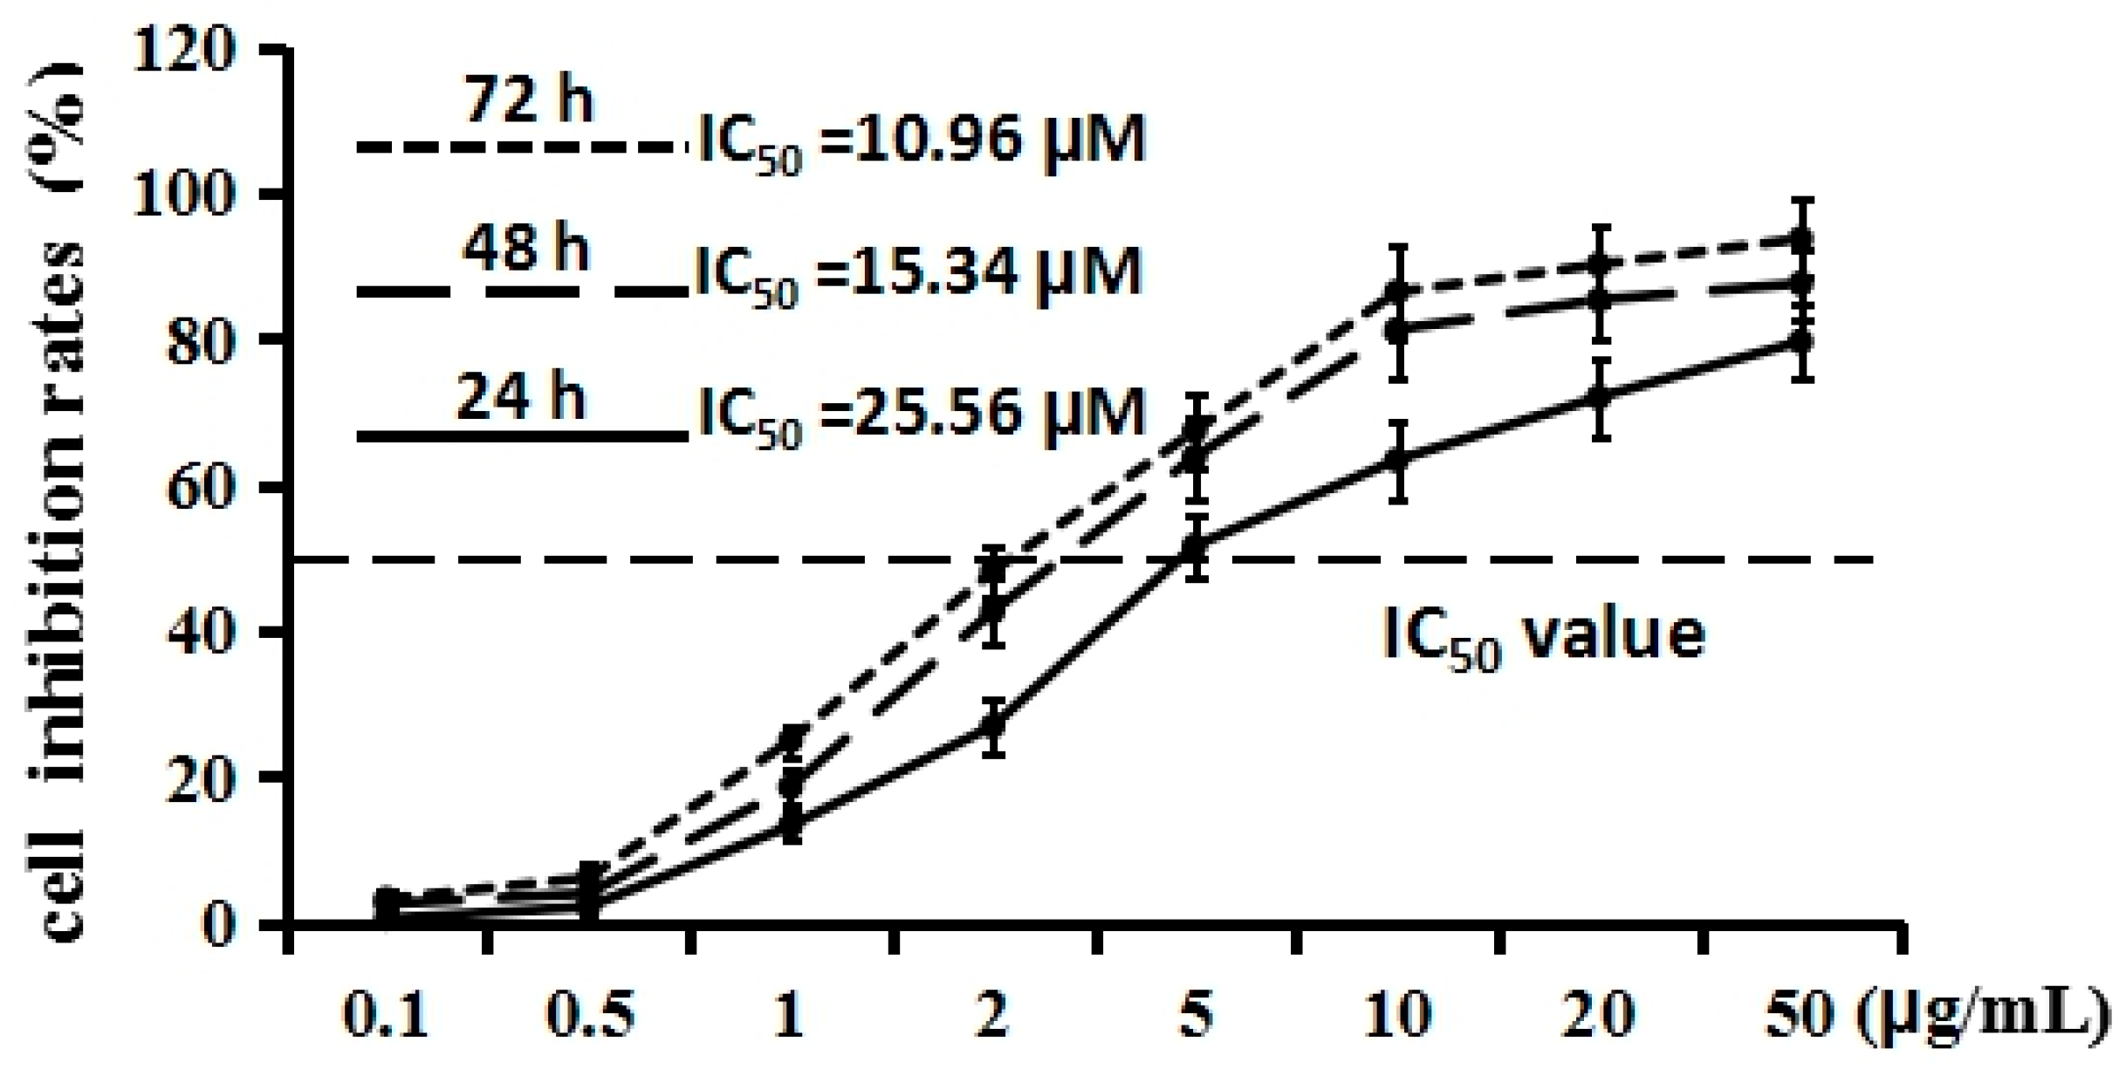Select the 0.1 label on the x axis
385,1017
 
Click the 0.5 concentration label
590,1017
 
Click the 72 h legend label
528,100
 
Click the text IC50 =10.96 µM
922,141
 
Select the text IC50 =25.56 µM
922,414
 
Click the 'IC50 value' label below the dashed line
1543,636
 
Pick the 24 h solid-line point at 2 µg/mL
993,725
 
